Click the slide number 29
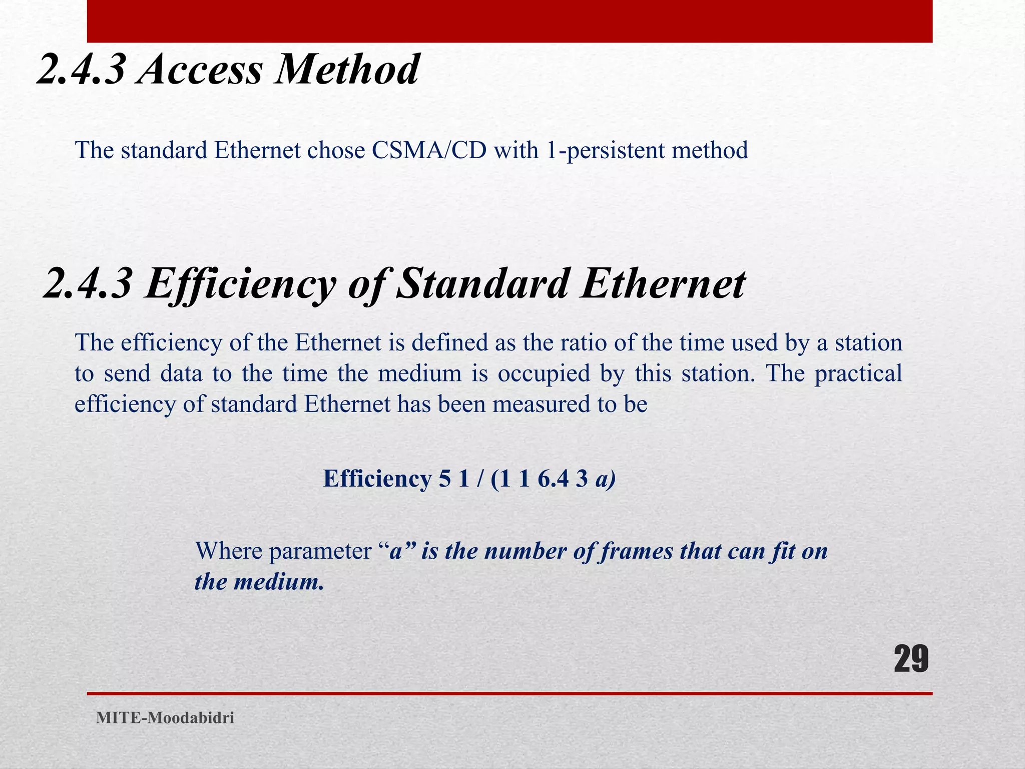click(x=911, y=659)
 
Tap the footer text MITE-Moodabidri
click(x=165, y=718)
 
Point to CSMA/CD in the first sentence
click(x=429, y=150)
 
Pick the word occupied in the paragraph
click(x=544, y=373)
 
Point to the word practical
click(x=858, y=373)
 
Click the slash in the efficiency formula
click(x=480, y=479)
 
